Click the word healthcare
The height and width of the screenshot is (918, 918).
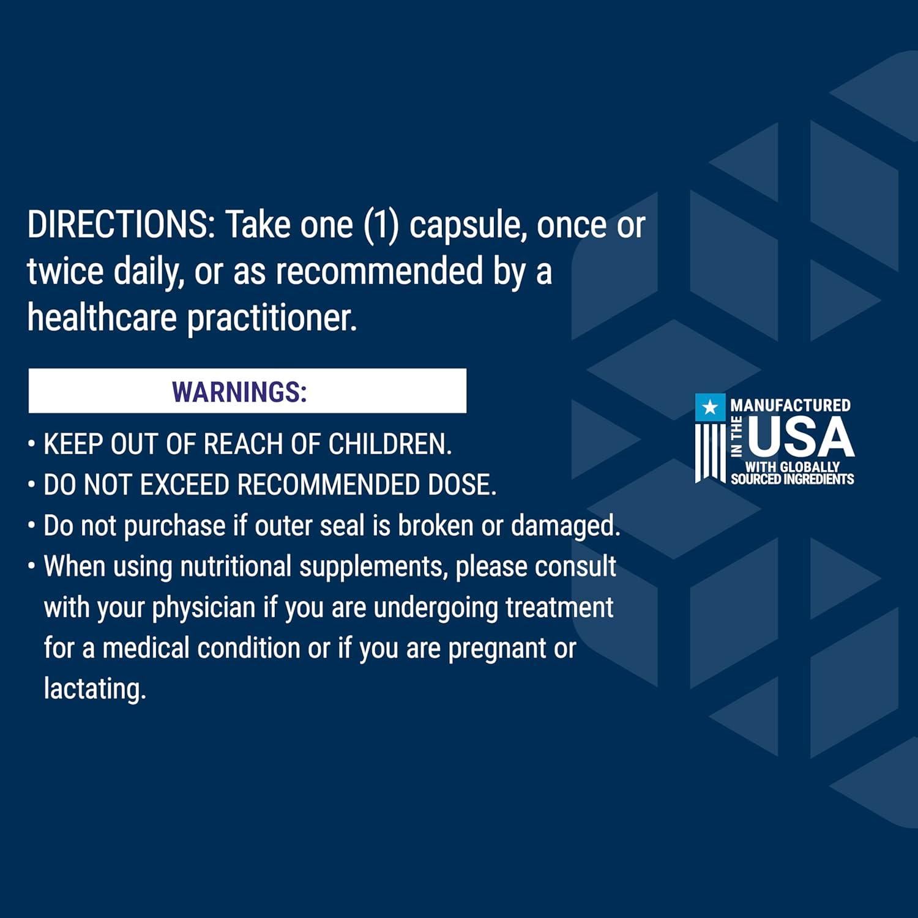point(102,318)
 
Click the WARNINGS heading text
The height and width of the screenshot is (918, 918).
point(239,392)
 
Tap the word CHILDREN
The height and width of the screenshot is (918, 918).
point(390,444)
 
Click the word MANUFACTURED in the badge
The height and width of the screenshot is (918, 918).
point(790,405)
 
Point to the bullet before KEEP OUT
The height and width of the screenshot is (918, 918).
point(31,444)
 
